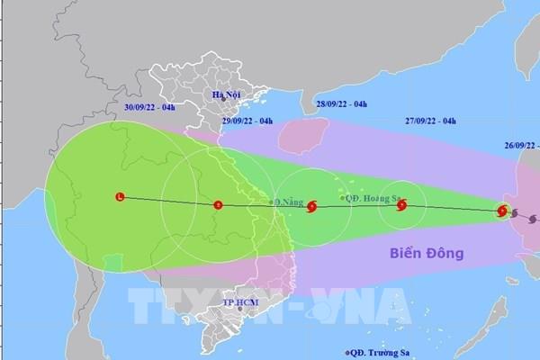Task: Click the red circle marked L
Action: pyautogui.click(x=120, y=197)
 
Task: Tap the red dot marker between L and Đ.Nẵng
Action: pyautogui.click(x=217, y=204)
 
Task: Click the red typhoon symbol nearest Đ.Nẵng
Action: pyautogui.click(x=311, y=207)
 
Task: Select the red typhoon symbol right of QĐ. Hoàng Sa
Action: pyautogui.click(x=401, y=206)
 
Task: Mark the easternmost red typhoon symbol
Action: pyautogui.click(x=503, y=211)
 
